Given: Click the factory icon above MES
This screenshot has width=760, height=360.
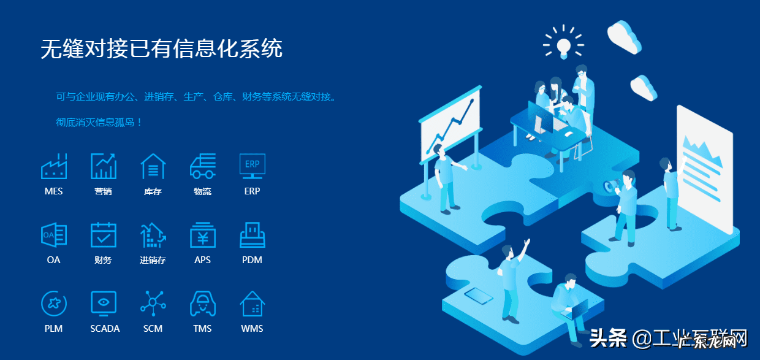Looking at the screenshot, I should click(x=54, y=166).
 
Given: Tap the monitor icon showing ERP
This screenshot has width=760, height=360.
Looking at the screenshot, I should click(x=252, y=166).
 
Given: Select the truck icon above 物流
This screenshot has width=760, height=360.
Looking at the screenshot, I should click(x=202, y=166).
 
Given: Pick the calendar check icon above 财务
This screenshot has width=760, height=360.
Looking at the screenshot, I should click(x=103, y=235).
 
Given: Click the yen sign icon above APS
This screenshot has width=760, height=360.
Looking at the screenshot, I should click(x=202, y=235).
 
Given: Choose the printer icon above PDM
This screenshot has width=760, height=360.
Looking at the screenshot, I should click(x=252, y=235).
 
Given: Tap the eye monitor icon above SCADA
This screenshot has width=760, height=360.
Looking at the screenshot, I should click(x=103, y=303).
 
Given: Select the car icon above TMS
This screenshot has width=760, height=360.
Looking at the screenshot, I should click(x=202, y=303).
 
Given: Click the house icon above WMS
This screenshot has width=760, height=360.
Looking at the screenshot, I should click(x=252, y=303).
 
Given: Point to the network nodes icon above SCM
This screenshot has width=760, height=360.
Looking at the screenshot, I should click(x=153, y=303).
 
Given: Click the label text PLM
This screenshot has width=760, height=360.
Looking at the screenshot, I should click(x=54, y=329).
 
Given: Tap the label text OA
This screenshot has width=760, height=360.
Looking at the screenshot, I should click(x=54, y=260).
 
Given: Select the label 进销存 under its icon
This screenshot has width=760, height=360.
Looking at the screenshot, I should click(x=153, y=260).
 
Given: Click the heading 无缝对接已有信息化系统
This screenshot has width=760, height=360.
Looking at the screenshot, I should click(x=161, y=48).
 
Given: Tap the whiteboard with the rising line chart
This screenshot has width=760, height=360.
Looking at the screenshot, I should click(x=450, y=128).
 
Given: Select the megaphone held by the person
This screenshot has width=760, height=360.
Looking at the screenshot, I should click(x=609, y=186).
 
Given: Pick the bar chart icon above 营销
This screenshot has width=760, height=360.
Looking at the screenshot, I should click(x=103, y=166).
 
